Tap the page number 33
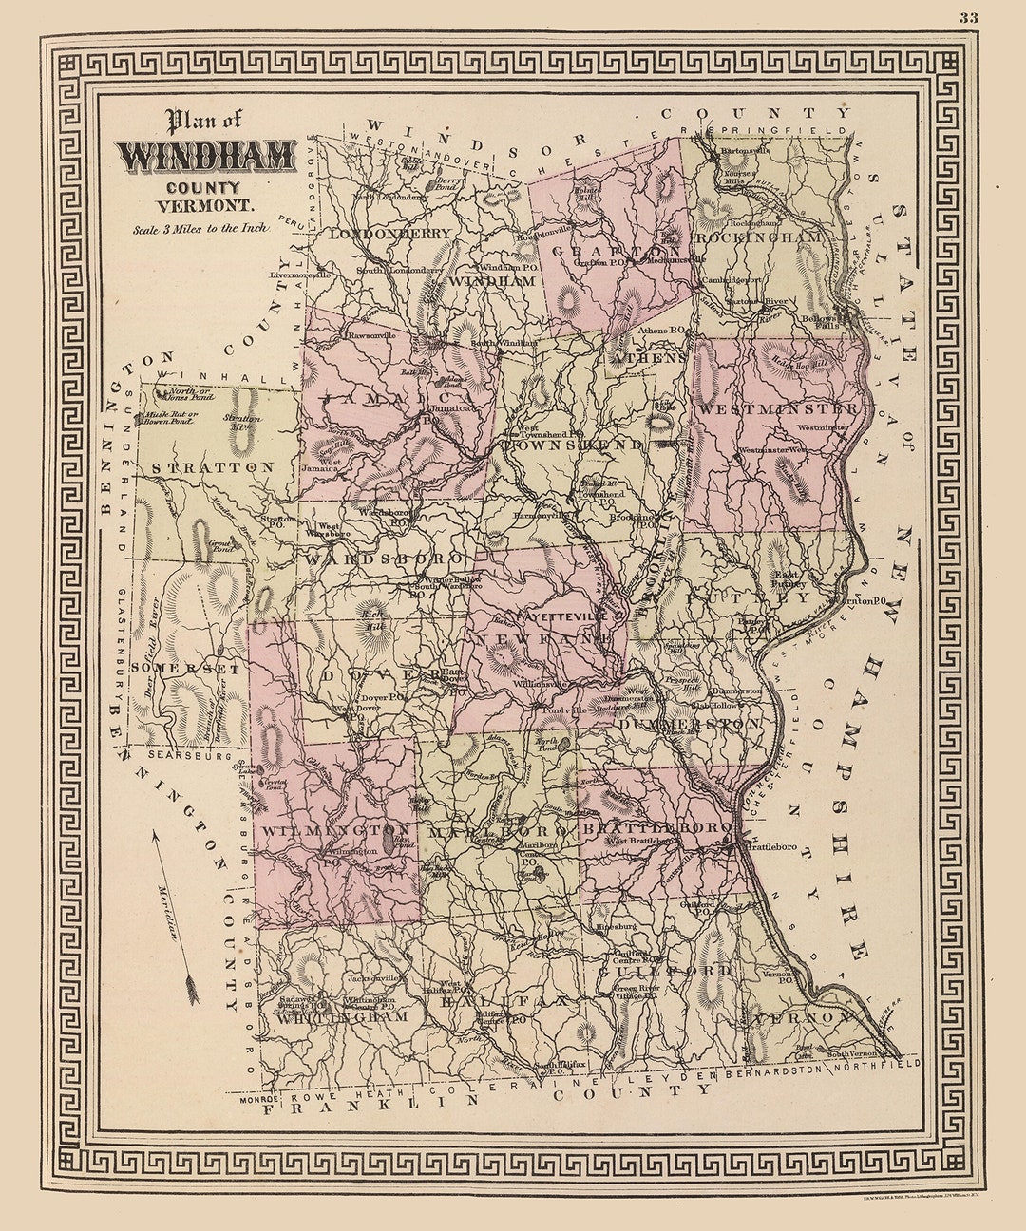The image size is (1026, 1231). tap(968, 16)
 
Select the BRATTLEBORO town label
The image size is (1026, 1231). tap(655, 829)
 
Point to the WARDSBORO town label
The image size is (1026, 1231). tap(383, 559)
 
